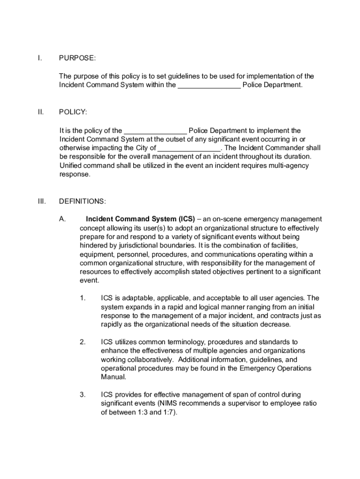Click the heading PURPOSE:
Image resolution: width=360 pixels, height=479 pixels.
[77, 58]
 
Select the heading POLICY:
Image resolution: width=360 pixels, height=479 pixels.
[73, 112]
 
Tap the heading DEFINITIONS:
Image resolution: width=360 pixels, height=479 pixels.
[82, 202]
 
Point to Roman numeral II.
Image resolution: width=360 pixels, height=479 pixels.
[41, 112]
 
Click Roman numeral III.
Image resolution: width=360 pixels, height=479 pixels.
[42, 202]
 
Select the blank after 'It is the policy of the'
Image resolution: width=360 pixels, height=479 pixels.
[155, 131]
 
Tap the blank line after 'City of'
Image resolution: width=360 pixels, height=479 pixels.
[189, 148]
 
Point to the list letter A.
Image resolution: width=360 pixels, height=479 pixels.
[62, 219]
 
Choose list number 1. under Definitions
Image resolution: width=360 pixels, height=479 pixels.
[82, 298]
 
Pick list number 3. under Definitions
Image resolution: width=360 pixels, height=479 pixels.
[82, 395]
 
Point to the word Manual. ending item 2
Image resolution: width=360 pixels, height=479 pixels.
[114, 377]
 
